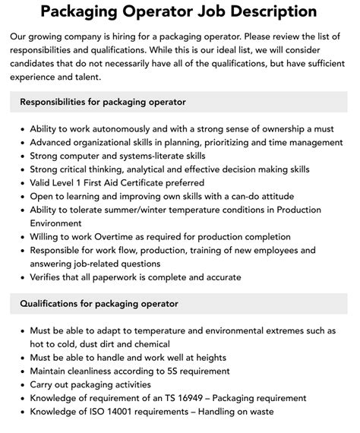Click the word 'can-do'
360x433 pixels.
point(218,196)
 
